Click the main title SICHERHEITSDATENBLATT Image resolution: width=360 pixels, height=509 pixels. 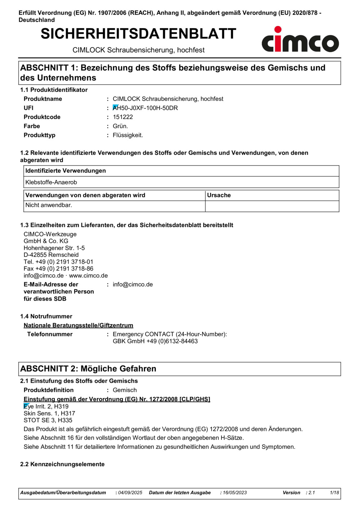tap(138, 34)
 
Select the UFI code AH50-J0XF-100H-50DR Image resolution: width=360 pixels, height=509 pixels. tap(145, 108)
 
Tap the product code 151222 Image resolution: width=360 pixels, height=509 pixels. tap(123, 117)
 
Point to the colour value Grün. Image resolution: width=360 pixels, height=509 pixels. tap(120, 126)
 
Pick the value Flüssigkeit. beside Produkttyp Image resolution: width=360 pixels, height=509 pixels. tap(128, 135)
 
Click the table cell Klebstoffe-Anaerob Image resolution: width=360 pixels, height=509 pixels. tap(51, 182)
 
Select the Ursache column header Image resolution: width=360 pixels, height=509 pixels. tap(219, 195)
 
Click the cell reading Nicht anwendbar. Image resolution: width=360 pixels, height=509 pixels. tap(49, 205)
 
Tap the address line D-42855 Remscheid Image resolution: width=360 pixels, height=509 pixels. tap(51, 255)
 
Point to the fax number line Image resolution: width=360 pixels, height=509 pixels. tap(58, 268)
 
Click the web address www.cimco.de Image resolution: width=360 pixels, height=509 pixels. tap(88, 276)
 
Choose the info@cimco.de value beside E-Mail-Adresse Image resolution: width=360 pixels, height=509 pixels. tap(132, 285)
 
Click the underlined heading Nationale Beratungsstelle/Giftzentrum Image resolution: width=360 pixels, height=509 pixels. tap(78, 325)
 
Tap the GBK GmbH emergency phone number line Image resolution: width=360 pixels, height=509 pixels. tap(155, 341)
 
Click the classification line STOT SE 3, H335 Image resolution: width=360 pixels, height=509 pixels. tap(48, 420)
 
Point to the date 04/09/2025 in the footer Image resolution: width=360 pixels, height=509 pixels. tap(130, 493)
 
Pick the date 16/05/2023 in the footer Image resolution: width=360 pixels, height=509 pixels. tap(235, 493)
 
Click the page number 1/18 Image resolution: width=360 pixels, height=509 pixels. tap(334, 493)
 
